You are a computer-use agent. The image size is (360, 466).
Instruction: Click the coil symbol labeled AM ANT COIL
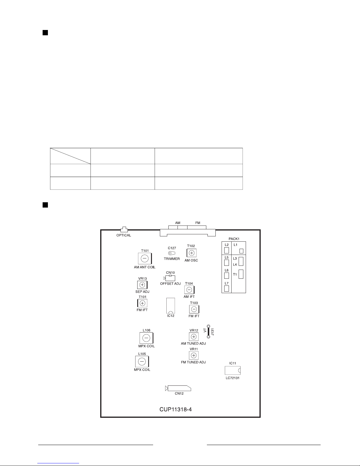(x=145, y=258)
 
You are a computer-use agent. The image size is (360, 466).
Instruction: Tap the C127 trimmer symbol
(x=172, y=253)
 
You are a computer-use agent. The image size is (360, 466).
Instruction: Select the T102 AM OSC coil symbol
(x=192, y=253)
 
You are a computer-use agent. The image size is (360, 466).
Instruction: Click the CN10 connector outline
(x=170, y=278)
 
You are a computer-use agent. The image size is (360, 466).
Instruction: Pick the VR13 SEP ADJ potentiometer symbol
(x=142, y=285)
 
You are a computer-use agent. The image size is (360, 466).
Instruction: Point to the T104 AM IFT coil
(x=189, y=290)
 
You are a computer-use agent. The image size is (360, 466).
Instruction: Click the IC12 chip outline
(x=170, y=305)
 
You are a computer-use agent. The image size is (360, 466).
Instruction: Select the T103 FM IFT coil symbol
(x=194, y=309)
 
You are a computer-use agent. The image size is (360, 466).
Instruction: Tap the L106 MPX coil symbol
(x=146, y=338)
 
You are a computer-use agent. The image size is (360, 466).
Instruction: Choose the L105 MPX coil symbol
(x=142, y=362)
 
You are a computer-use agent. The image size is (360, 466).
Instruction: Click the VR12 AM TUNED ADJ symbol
(x=194, y=337)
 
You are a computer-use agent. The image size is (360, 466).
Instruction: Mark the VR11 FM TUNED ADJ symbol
(x=194, y=355)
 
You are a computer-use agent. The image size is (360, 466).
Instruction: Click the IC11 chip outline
(x=232, y=370)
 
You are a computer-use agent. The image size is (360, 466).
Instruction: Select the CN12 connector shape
(x=178, y=388)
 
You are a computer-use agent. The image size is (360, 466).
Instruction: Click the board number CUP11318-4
(x=175, y=409)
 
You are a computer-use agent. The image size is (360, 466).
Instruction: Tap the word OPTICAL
(x=124, y=235)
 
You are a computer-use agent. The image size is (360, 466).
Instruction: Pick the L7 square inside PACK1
(x=227, y=289)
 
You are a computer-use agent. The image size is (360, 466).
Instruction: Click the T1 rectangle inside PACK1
(x=241, y=274)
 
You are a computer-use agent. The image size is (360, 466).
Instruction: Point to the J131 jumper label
(x=212, y=332)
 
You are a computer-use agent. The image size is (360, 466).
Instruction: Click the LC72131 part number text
(x=232, y=378)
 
